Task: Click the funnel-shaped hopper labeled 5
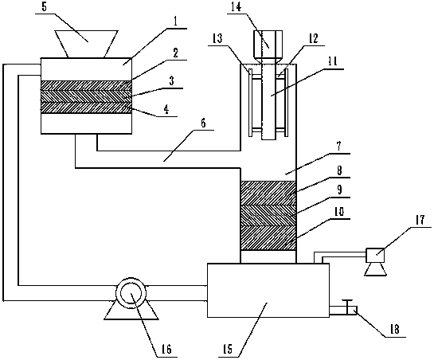point(86,44)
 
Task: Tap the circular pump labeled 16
point(131,294)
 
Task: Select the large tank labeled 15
point(268,290)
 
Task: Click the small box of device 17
point(375,255)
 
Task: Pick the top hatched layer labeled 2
point(86,85)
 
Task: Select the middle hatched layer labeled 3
point(86,96)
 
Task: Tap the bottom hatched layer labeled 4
point(86,108)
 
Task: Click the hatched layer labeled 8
point(268,193)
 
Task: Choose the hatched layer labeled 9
point(268,216)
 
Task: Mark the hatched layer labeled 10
point(268,238)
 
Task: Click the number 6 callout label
point(203,123)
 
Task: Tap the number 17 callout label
point(420,221)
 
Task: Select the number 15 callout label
point(227,350)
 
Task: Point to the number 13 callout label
point(218,39)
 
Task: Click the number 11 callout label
point(332,61)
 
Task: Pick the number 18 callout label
point(394,329)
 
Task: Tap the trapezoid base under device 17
point(375,269)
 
